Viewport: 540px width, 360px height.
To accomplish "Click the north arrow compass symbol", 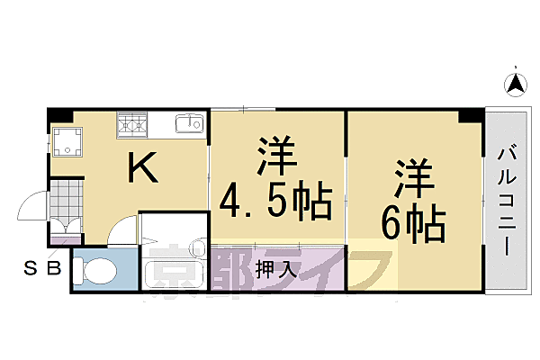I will click(516, 85).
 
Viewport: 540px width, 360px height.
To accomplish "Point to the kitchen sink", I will click(190, 123).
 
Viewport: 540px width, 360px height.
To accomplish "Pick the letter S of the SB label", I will click(31, 267).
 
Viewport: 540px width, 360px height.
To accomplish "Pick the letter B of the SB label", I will click(53, 267).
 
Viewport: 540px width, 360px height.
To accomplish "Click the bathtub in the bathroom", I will click(176, 269).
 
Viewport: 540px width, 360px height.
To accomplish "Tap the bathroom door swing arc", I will click(122, 229).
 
